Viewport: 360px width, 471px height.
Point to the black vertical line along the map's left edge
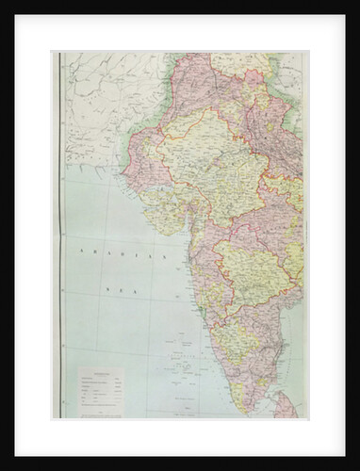click(x=60, y=235)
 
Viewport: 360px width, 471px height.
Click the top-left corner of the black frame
click(x=3, y=3)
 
